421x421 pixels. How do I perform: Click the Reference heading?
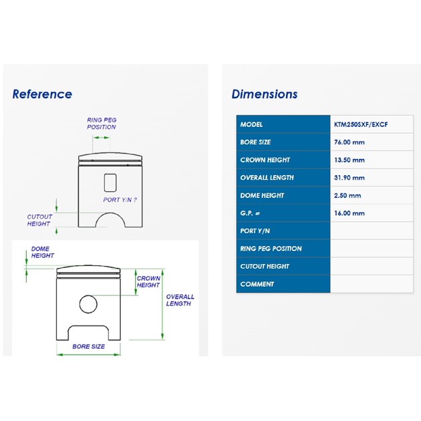coord(42,94)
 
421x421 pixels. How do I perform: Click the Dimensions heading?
coord(265,94)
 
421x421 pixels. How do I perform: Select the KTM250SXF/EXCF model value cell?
coord(372,124)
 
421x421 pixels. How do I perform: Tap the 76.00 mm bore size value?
coord(349,142)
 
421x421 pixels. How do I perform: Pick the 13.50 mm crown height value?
coord(349,160)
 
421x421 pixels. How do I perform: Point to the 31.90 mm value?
coord(349,178)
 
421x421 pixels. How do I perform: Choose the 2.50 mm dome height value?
coord(347,195)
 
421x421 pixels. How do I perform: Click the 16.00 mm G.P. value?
coord(349,213)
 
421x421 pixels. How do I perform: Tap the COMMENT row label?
coord(257,284)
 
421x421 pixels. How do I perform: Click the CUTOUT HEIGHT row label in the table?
coord(265,267)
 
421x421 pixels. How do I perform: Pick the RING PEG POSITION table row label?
coord(271,249)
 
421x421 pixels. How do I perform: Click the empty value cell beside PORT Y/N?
coord(372,231)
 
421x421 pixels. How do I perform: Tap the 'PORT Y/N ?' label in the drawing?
coord(120,200)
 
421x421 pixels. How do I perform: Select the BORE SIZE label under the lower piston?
coord(89,346)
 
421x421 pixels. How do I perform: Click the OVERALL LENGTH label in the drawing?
coord(180,300)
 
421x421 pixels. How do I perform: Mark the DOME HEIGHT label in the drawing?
coord(43,252)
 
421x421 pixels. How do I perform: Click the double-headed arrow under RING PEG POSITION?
coord(101,138)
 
